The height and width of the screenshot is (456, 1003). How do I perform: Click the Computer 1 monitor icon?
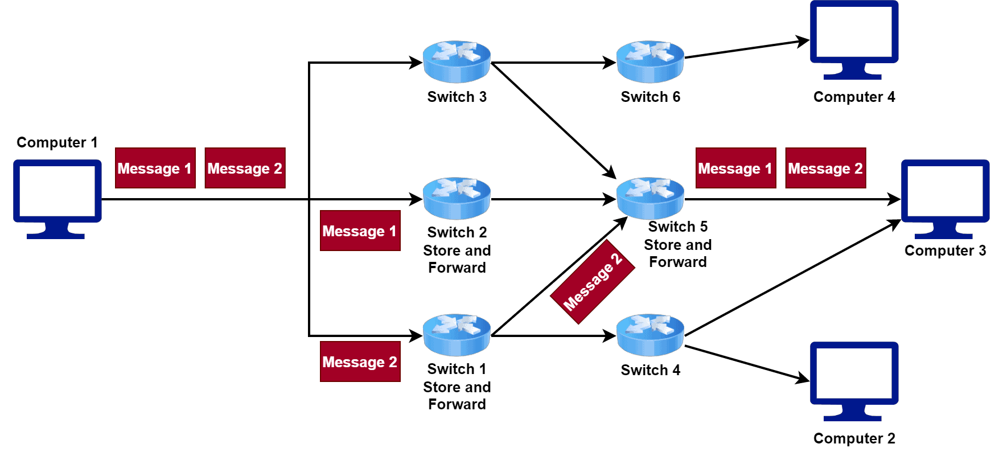[57, 196]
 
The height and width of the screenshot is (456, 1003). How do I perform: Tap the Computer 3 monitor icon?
[945, 196]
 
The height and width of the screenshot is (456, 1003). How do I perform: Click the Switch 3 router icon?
[457, 61]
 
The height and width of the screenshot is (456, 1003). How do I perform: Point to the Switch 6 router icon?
[650, 61]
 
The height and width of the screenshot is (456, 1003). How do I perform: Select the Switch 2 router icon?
[457, 198]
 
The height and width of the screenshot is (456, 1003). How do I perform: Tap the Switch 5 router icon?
[650, 198]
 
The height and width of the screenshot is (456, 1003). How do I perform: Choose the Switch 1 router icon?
[457, 335]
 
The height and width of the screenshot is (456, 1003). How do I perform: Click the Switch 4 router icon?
[650, 335]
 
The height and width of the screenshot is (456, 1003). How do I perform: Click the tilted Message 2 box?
[593, 282]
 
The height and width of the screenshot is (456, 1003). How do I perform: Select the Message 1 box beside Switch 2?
[360, 231]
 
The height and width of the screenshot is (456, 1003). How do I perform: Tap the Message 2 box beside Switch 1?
[360, 361]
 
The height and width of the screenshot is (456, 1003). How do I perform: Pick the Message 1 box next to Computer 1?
[155, 168]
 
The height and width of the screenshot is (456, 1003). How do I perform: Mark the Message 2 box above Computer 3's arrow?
[825, 168]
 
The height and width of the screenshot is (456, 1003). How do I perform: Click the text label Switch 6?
[650, 97]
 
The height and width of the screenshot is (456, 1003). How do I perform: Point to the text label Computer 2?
[854, 438]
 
